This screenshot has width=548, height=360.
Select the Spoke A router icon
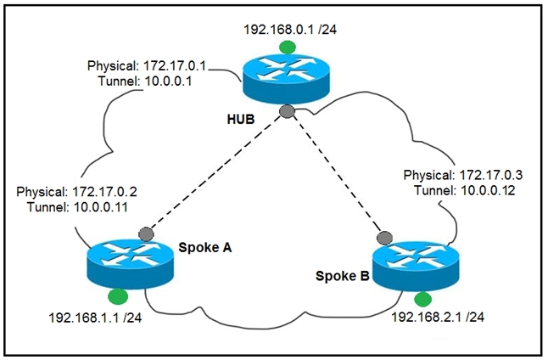click(129, 262)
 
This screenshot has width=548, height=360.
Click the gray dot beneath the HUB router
click(288, 112)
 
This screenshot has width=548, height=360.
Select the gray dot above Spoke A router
click(146, 233)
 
